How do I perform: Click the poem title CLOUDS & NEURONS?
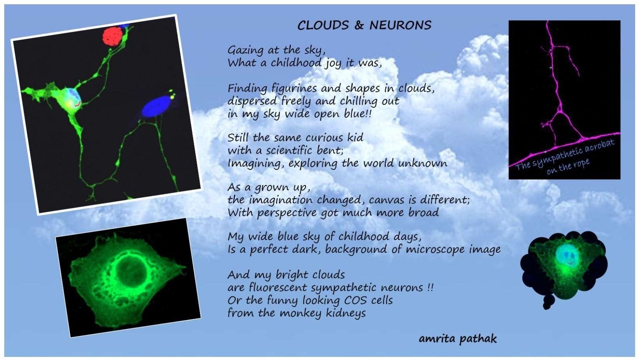(364, 26)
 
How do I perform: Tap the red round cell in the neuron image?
(113, 36)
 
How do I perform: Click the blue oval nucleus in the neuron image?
(156, 106)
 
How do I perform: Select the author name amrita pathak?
(458, 339)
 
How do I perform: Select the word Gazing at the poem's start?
(246, 50)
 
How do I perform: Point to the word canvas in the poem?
(387, 200)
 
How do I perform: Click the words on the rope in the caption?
(568, 167)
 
